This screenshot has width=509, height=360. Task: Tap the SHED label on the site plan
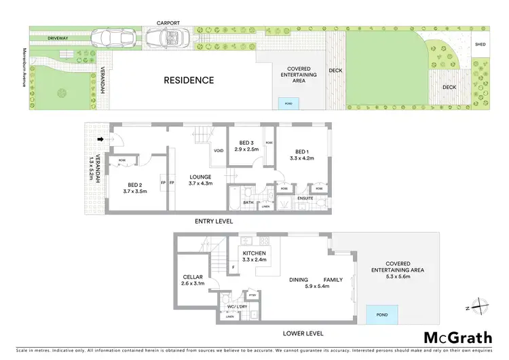pyautogui.click(x=480, y=45)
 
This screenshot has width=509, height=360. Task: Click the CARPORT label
pyautogui.click(x=169, y=22)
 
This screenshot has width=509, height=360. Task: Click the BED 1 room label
pyautogui.click(x=302, y=151)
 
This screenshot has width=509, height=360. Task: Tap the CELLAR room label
pyautogui.click(x=193, y=277)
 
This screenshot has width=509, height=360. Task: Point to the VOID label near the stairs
pyautogui.click(x=219, y=151)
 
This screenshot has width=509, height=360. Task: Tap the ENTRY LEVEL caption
pyautogui.click(x=213, y=221)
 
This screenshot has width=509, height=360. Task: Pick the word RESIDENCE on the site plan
pyautogui.click(x=189, y=80)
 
